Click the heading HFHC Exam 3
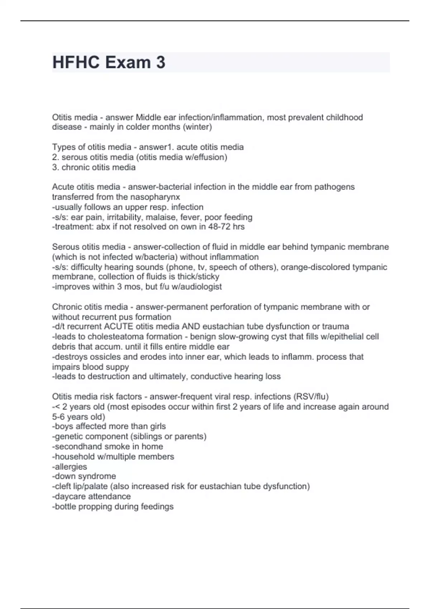(109, 62)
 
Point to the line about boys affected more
(109, 426)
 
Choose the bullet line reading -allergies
(70, 467)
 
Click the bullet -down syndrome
(84, 476)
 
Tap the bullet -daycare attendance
(91, 497)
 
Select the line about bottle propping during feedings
(113, 507)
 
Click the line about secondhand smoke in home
(107, 446)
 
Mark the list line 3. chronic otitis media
(94, 167)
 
